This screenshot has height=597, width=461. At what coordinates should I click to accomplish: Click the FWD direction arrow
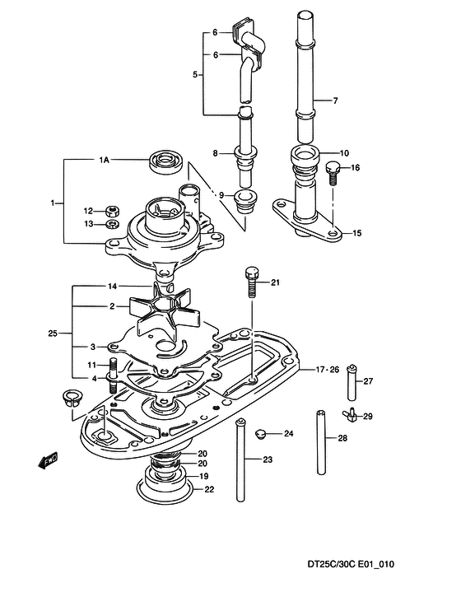pyautogui.click(x=49, y=460)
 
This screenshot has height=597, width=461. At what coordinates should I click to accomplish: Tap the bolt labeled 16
pyautogui.click(x=333, y=172)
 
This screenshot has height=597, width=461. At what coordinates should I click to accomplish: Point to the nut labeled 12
pyautogui.click(x=112, y=210)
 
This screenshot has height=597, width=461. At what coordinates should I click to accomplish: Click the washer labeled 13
pyautogui.click(x=113, y=223)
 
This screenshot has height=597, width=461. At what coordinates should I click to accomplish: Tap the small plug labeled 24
pyautogui.click(x=260, y=433)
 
